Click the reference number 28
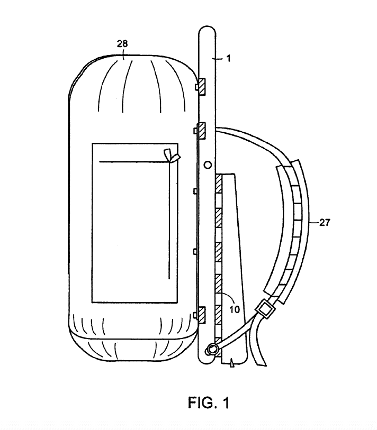click(122, 43)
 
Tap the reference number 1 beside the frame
click(228, 58)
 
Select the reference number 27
click(324, 222)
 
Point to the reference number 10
click(235, 309)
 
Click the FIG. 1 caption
click(209, 402)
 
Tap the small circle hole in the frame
click(208, 165)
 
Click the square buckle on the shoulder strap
click(265, 309)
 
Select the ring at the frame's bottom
click(212, 350)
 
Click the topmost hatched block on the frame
click(202, 87)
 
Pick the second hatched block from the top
click(202, 131)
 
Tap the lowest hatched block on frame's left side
click(202, 316)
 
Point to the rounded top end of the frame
click(208, 27)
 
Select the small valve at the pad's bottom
click(232, 363)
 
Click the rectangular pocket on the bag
click(135, 223)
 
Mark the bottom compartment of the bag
click(133, 347)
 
